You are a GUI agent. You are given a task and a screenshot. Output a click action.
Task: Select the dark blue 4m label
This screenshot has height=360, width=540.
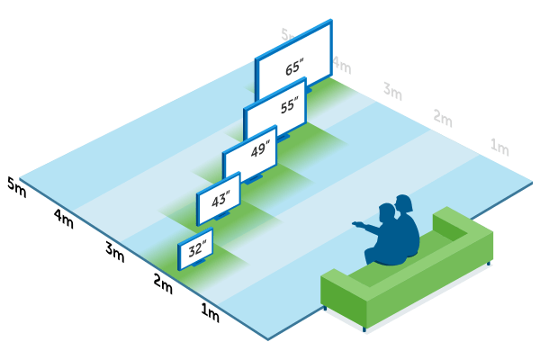click(x=64, y=218)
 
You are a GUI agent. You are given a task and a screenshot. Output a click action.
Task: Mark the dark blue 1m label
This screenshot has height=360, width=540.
click(x=210, y=314)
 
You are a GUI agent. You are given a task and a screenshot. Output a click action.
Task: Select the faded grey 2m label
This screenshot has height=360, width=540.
click(x=442, y=118)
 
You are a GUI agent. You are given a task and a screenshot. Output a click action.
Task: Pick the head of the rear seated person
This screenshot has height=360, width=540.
click(x=405, y=203)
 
